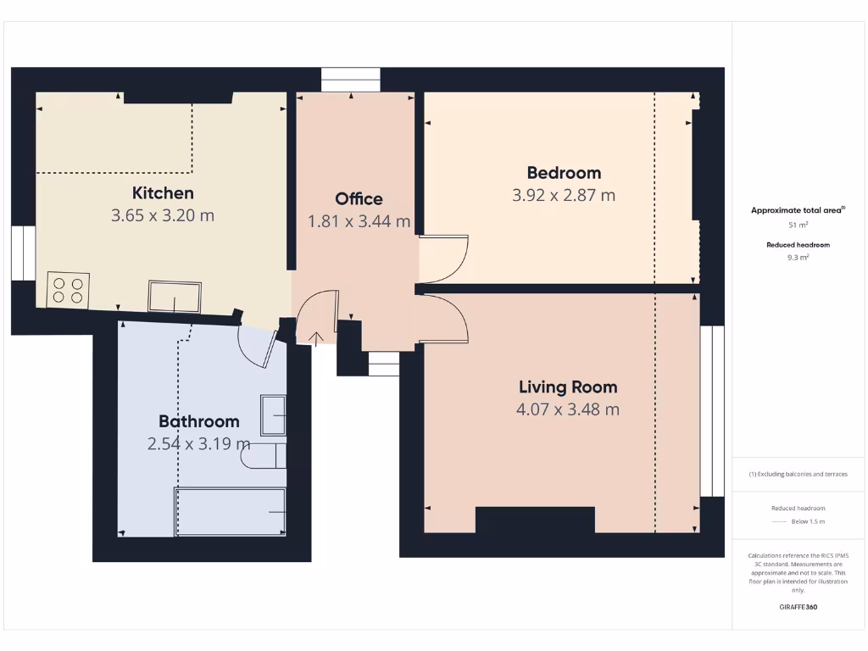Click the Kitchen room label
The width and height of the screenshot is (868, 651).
click(x=163, y=193)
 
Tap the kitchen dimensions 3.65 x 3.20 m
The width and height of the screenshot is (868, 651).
click(x=163, y=215)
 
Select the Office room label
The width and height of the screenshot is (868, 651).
click(x=359, y=199)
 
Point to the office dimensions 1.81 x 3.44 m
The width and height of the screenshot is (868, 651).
click(x=359, y=221)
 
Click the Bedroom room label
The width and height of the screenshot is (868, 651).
click(x=564, y=173)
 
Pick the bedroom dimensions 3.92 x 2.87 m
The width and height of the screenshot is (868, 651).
click(x=564, y=195)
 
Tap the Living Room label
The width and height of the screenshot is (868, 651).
click(x=568, y=387)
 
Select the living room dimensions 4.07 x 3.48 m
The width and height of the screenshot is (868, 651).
click(x=568, y=409)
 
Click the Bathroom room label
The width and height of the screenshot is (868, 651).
click(x=199, y=421)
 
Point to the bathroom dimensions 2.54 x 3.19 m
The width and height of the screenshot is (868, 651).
click(x=199, y=443)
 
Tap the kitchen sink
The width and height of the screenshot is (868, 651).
click(x=175, y=297)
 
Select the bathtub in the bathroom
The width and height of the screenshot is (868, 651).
click(x=230, y=512)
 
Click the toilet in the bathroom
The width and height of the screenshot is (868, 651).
click(x=263, y=456)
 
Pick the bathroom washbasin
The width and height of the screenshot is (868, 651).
click(x=273, y=415)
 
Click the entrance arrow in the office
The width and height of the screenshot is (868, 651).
click(x=317, y=339)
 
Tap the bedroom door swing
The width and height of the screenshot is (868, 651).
click(x=441, y=259)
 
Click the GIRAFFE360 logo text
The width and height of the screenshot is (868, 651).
click(x=798, y=607)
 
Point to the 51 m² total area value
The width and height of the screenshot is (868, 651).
click(x=798, y=225)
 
